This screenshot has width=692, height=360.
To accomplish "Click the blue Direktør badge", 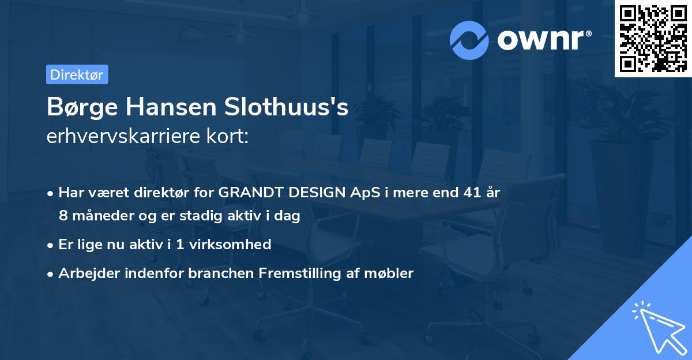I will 77,74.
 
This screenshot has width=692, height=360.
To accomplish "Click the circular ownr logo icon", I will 469,40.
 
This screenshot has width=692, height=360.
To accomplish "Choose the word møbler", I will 393,273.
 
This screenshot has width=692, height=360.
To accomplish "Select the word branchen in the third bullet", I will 215,273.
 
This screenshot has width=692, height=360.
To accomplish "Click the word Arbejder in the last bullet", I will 85,273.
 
